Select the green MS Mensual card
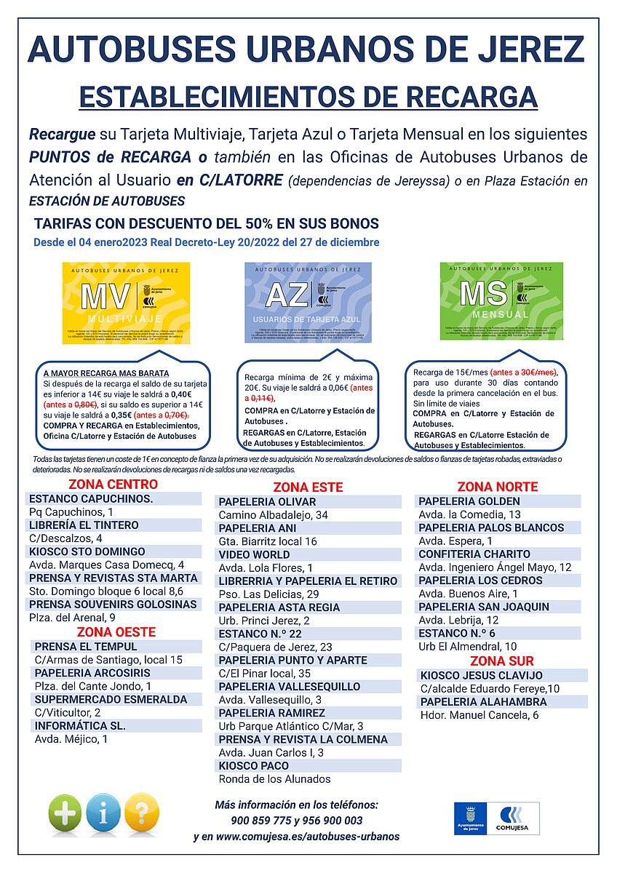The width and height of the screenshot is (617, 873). point(501,301)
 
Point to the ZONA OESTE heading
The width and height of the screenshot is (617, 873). point(116,632)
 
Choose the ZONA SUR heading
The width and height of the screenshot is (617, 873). point(502,661)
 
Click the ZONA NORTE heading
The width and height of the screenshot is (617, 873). point(497,487)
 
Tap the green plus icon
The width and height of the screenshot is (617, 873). point(65,813)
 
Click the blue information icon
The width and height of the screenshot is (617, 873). point(103,813)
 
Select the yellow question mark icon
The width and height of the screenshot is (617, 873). point(141,813)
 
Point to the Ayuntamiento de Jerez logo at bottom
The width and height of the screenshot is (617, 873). point(474,818)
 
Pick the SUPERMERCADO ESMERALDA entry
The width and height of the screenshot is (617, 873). point(111,699)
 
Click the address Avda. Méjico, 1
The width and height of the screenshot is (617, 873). point(71,739)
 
